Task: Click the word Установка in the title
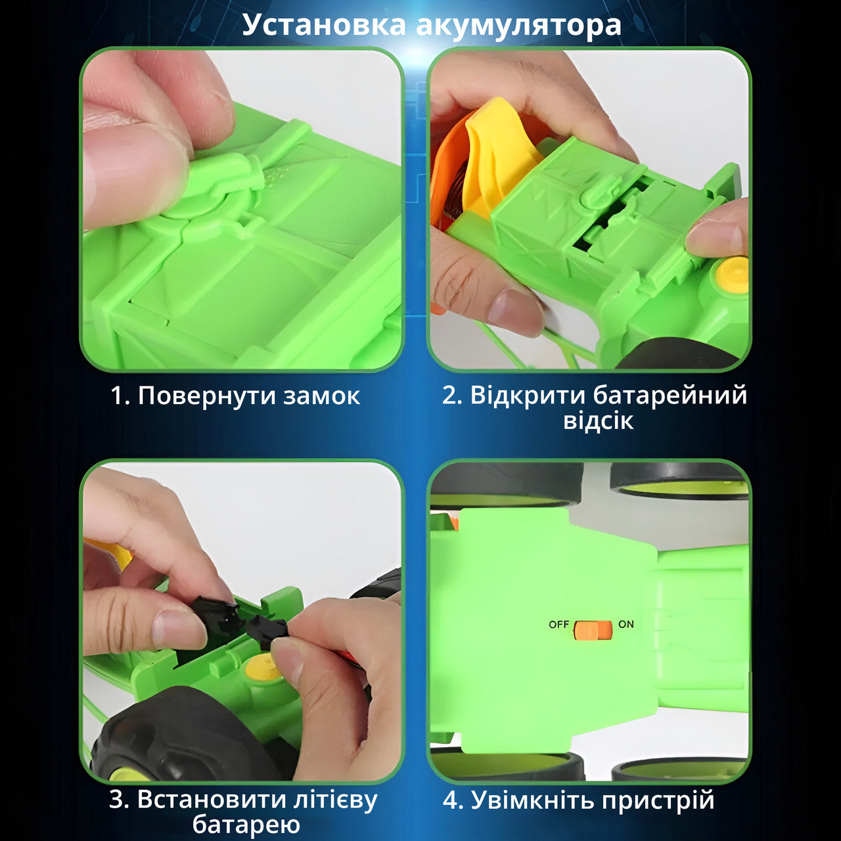pyautogui.click(x=325, y=25)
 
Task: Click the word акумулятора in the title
pyautogui.click(x=518, y=25)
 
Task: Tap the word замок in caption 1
pyautogui.click(x=322, y=396)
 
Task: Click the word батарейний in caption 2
pyautogui.click(x=670, y=396)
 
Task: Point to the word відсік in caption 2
pyautogui.click(x=598, y=420)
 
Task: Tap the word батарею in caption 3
pyautogui.click(x=246, y=824)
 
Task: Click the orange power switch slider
pyautogui.click(x=592, y=630)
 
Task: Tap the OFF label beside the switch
pyautogui.click(x=558, y=624)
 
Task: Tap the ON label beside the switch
pyautogui.click(x=626, y=624)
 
